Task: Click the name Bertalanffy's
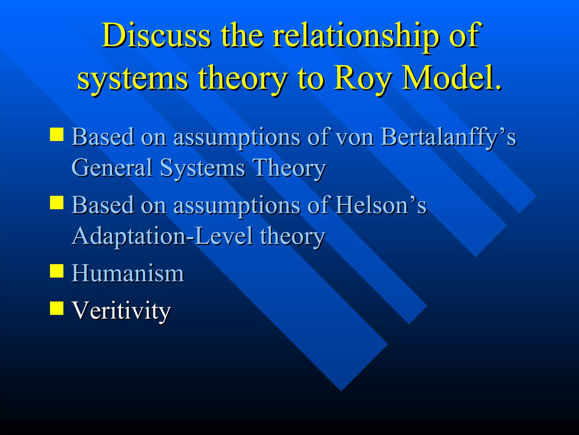click(x=448, y=137)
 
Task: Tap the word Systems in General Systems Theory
click(x=202, y=168)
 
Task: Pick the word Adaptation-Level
click(x=162, y=236)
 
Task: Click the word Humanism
click(x=128, y=273)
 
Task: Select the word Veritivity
click(x=121, y=310)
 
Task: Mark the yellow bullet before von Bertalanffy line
click(x=57, y=134)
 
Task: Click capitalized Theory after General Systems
click(x=289, y=168)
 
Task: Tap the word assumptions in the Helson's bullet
click(x=237, y=205)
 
